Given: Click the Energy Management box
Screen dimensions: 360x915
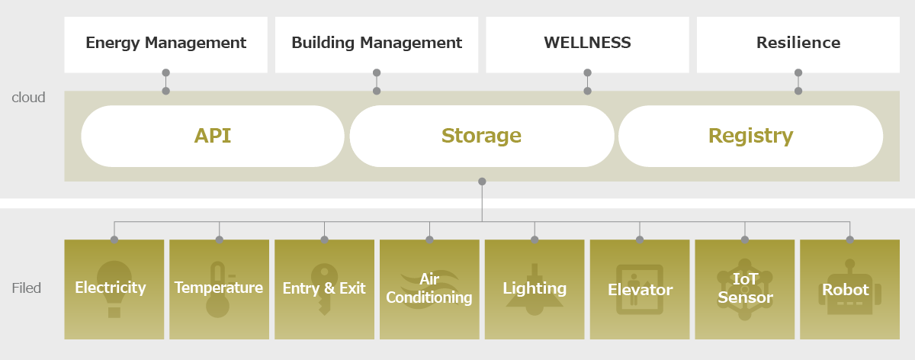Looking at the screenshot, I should pos(165,43).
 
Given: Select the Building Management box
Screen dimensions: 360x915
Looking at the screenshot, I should pos(377,43).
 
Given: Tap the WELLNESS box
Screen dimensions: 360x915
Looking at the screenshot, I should pos(587,43).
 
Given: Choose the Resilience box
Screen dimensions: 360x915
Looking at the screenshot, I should pos(798,43).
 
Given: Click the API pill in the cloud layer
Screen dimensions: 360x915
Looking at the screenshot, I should pos(213,136).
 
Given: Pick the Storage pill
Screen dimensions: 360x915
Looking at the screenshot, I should pos(481,136).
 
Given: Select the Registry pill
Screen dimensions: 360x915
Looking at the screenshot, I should pos(750,136).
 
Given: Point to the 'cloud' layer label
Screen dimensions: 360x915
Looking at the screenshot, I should pos(28,98).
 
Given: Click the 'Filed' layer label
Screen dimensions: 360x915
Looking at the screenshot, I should pos(26,288).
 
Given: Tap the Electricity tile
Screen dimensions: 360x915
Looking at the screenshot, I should pos(114,289).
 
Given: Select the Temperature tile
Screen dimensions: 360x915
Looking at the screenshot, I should pos(219,289).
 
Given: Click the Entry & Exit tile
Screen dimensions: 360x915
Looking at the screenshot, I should pos(324,289).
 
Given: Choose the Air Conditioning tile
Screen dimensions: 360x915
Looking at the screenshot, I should pos(429,289).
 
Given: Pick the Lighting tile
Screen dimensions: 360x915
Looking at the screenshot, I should pos(535,289).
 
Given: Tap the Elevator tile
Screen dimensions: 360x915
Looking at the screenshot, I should pos(640,289).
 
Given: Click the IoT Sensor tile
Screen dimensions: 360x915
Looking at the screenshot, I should pos(745,289).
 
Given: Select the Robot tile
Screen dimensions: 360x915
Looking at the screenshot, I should pos(849,289).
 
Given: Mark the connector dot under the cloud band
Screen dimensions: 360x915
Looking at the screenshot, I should pos(482,182).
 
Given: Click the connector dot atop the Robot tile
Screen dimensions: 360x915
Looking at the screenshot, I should pos(849,239).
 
